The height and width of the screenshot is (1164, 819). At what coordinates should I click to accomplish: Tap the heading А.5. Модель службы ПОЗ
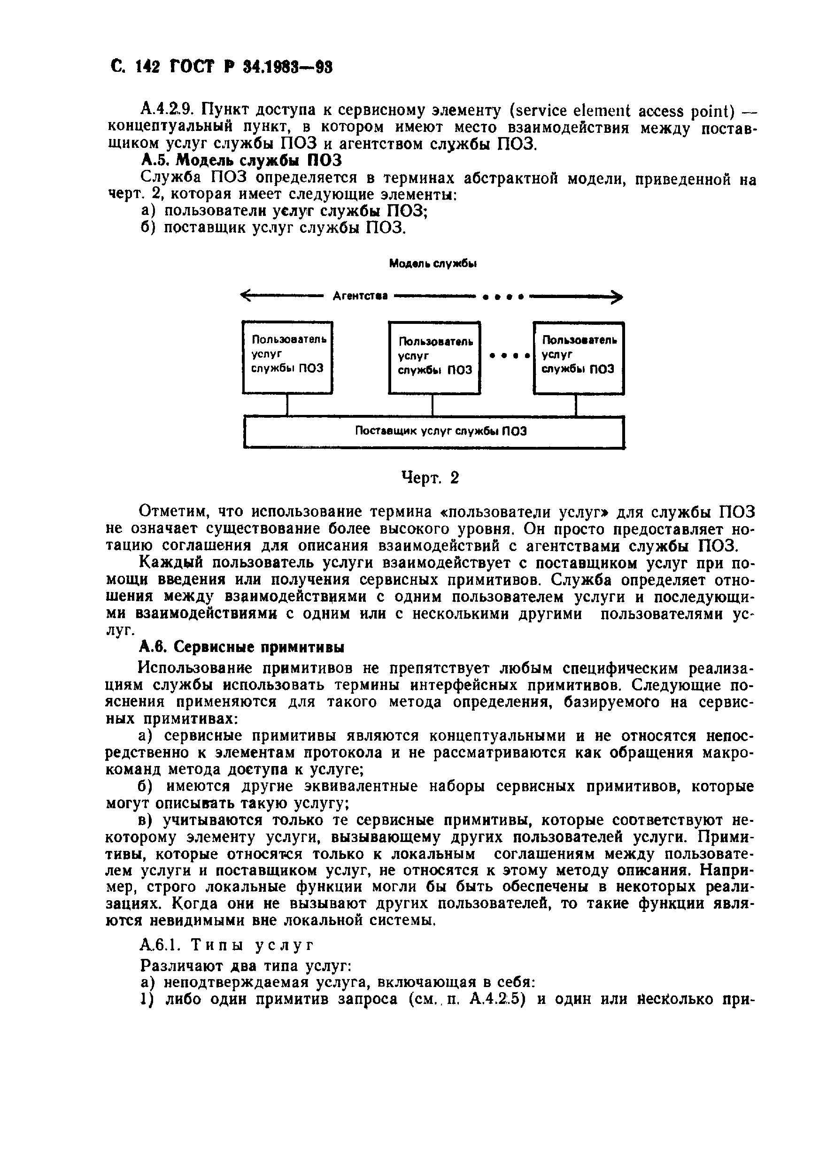click(241, 161)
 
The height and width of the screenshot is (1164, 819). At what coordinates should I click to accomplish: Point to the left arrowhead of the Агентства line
click(246, 296)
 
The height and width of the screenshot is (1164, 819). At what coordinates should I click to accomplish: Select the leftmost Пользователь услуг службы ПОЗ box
click(287, 357)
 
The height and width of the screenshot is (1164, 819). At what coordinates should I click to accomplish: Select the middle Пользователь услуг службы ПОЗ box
click(434, 358)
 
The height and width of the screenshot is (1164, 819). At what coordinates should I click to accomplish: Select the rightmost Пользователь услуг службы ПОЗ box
click(578, 358)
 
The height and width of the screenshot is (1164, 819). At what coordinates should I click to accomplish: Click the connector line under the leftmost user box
click(287, 405)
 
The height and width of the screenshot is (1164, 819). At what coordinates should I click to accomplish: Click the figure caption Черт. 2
click(430, 477)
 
